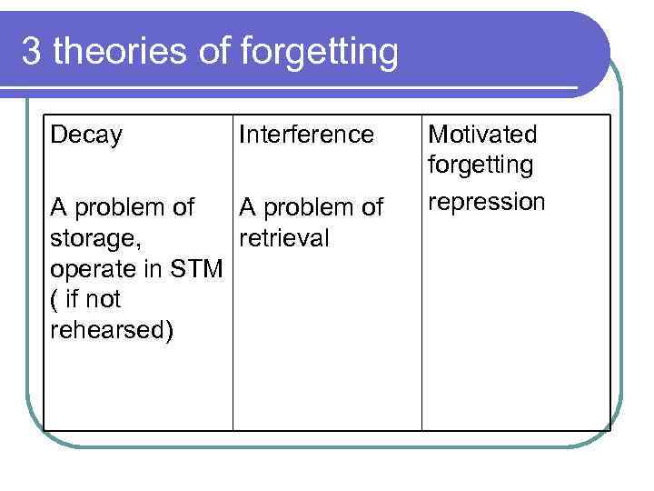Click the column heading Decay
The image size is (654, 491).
pyautogui.click(x=86, y=136)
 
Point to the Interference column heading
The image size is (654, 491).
pyautogui.click(x=306, y=135)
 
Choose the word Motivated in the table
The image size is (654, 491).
pyautogui.click(x=481, y=135)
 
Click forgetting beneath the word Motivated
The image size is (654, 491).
pyautogui.click(x=481, y=166)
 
